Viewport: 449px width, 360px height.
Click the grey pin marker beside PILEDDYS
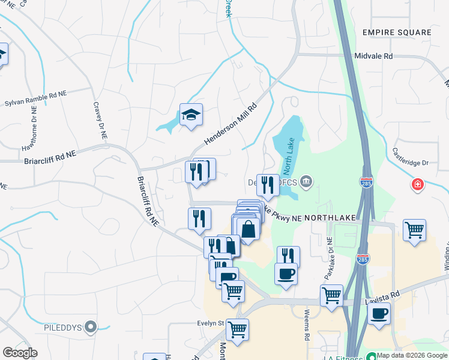point(91,327)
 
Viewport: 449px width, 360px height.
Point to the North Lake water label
point(287,162)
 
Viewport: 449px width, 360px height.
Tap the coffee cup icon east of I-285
point(379,314)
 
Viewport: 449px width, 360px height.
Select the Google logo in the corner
point(20,352)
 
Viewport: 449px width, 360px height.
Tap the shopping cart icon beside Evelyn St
point(237,329)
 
